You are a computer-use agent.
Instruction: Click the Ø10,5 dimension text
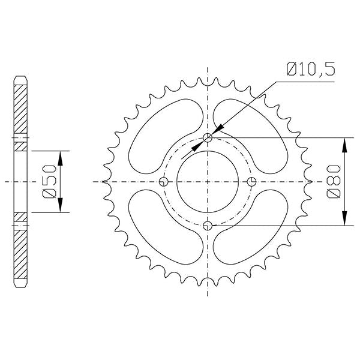310,70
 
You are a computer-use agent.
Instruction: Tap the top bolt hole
208,138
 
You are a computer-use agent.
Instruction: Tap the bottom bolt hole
208,226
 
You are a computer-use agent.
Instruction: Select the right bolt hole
252,182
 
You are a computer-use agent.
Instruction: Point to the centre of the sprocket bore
208,182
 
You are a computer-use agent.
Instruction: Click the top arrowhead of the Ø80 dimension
344,144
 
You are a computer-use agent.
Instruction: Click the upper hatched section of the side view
21,111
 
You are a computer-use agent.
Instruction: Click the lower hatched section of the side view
21,252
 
